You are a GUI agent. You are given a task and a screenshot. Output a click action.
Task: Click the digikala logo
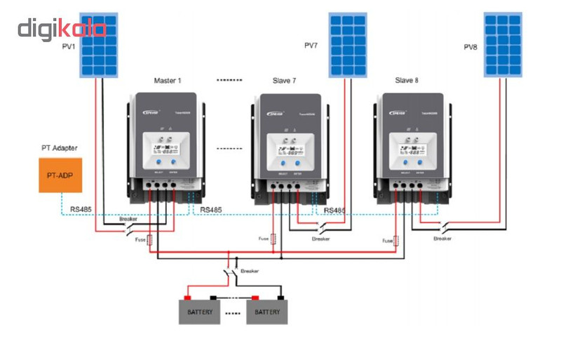click(x=62, y=29)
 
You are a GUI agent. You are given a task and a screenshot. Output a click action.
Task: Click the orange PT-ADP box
click(x=60, y=175)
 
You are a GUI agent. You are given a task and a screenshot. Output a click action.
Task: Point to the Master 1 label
click(x=168, y=81)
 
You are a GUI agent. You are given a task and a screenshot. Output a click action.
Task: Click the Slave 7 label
click(x=284, y=81)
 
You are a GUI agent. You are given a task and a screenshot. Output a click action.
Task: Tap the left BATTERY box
click(x=199, y=312)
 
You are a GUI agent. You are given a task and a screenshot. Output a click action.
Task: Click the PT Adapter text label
click(x=59, y=148)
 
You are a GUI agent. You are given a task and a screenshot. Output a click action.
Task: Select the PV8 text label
click(x=471, y=47)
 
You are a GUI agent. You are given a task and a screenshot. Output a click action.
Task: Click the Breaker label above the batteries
click(x=250, y=270)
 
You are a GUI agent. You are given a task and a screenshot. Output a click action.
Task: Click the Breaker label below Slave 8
click(x=442, y=239)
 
